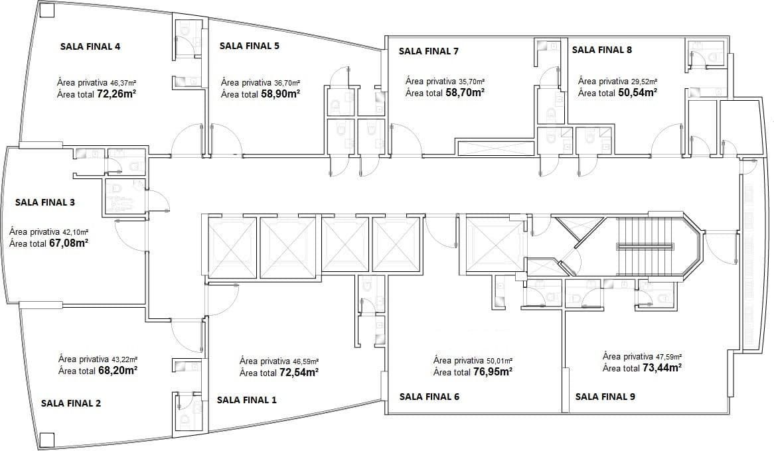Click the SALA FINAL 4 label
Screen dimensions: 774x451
click(x=90, y=46)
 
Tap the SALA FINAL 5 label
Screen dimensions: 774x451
click(x=250, y=46)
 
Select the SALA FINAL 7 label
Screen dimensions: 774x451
click(x=428, y=51)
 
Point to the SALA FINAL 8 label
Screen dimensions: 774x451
click(x=601, y=49)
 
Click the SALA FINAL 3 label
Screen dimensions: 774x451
click(x=45, y=202)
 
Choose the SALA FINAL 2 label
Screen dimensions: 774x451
click(x=71, y=403)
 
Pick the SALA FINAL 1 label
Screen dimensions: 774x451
click(x=247, y=400)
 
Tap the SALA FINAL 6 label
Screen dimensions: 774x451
click(x=429, y=396)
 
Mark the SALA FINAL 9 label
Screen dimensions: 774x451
click(x=605, y=396)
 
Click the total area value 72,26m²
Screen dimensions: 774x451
click(x=116, y=94)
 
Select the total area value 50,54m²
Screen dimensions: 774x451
click(x=637, y=92)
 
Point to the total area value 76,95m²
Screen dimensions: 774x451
click(x=492, y=371)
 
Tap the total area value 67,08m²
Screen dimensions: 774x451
click(x=68, y=243)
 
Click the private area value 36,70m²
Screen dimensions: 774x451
click(x=287, y=83)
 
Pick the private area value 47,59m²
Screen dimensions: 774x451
click(x=669, y=356)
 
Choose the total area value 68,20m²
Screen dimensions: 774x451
click(x=117, y=370)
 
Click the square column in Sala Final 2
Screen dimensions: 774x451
click(x=47, y=439)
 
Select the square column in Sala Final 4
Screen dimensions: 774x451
click(x=47, y=11)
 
